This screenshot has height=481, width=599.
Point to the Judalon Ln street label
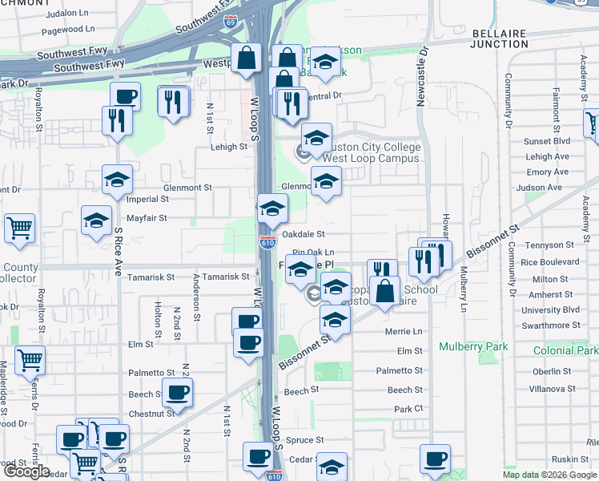tap(68, 14)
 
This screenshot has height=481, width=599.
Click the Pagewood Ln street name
tap(68, 29)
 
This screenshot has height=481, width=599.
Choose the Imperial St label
tap(147, 199)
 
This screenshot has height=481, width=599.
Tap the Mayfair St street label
tap(147, 217)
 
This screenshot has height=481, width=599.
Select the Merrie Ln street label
tap(403, 331)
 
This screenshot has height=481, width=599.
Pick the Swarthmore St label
tap(550, 325)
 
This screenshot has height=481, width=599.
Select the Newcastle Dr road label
tap(424, 72)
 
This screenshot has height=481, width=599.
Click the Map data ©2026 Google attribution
tap(549, 475)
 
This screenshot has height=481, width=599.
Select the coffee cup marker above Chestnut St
tap(177, 393)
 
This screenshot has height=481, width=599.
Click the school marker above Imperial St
tap(117, 180)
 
